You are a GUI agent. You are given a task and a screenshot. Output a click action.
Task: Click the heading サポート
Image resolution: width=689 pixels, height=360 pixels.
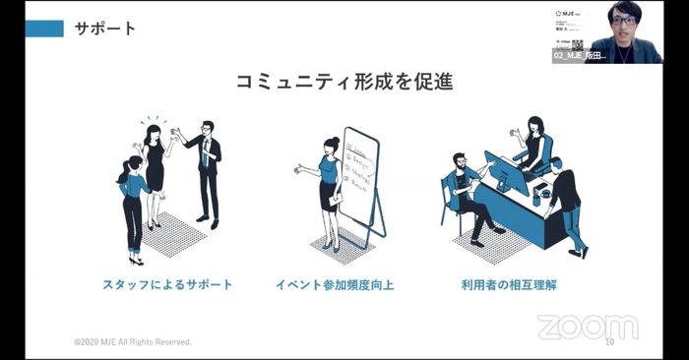(x=105, y=29)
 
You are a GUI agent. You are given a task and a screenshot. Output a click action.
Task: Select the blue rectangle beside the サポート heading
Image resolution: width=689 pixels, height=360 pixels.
(x=44, y=29)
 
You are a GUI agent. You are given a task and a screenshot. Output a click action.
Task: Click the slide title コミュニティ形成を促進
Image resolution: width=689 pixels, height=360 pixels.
(x=344, y=82)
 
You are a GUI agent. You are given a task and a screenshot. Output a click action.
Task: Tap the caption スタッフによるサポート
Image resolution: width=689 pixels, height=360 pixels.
(x=167, y=285)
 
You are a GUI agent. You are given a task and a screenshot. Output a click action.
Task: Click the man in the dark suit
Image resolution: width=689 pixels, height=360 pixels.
(x=206, y=167)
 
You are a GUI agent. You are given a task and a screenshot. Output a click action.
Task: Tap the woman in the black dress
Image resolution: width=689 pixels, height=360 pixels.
(x=156, y=167)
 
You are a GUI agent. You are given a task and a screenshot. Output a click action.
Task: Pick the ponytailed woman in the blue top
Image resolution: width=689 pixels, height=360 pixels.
(x=133, y=207)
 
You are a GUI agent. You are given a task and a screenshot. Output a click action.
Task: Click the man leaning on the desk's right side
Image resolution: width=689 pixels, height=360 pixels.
(x=566, y=202)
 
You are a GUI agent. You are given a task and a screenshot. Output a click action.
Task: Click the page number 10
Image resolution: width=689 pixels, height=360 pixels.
(x=608, y=342)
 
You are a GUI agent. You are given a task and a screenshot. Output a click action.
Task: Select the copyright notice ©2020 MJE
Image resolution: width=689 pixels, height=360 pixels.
(x=133, y=342)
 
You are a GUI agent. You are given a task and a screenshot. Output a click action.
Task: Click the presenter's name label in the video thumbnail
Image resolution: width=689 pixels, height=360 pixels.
(x=580, y=57)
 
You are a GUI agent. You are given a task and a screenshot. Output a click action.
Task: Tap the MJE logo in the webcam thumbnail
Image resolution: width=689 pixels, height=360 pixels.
(x=569, y=13)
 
